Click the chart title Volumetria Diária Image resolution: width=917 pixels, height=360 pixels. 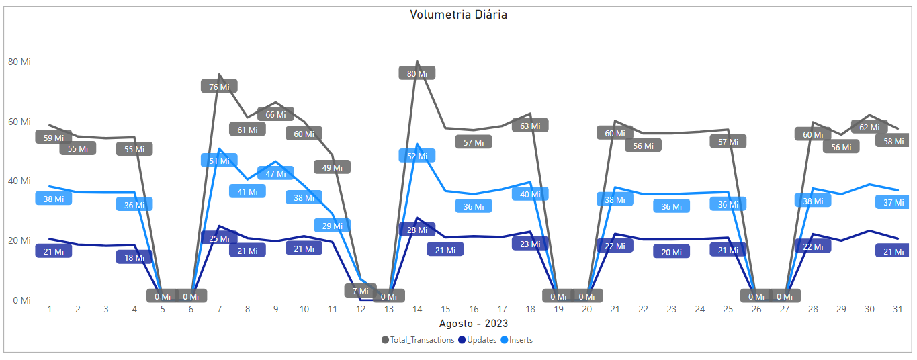pos(458,15)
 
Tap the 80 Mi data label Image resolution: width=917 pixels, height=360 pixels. pos(417,73)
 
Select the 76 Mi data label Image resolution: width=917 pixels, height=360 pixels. pos(219,86)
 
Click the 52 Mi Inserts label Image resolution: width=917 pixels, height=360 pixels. pos(417,156)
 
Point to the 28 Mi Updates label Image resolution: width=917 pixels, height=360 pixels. pos(417,230)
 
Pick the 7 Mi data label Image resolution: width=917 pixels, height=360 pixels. pos(361,291)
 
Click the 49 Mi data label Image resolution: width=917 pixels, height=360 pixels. pos(332,167)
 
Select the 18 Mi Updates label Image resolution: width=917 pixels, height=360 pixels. pos(134,257)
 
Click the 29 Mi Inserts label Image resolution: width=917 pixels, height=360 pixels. pos(332,226)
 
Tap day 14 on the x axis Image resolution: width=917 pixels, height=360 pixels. pos(417,309)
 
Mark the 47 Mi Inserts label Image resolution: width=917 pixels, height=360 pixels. pos(275,173)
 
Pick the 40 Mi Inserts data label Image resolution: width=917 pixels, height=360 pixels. pos(529,194)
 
